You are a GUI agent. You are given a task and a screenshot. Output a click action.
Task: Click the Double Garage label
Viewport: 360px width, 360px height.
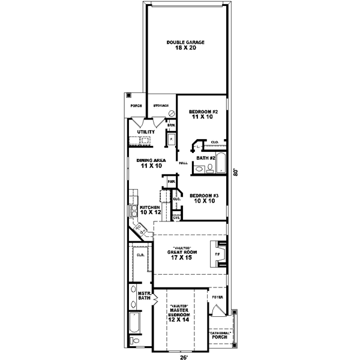tap(186, 45)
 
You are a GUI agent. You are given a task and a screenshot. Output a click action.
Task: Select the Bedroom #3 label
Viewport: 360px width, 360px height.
tap(203, 198)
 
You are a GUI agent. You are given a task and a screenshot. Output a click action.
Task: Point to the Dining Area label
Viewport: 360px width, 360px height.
tap(151, 163)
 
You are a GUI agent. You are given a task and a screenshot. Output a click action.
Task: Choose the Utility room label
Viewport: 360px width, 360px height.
tap(146, 132)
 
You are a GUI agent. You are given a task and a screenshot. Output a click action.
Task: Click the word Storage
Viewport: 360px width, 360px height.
tap(160, 106)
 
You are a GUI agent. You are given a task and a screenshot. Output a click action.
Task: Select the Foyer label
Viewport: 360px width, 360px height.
tap(217, 296)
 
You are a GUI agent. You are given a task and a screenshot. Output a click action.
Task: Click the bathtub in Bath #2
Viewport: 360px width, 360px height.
tap(220, 163)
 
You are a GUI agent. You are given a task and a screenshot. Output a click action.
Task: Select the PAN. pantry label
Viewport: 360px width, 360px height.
tap(171, 182)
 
